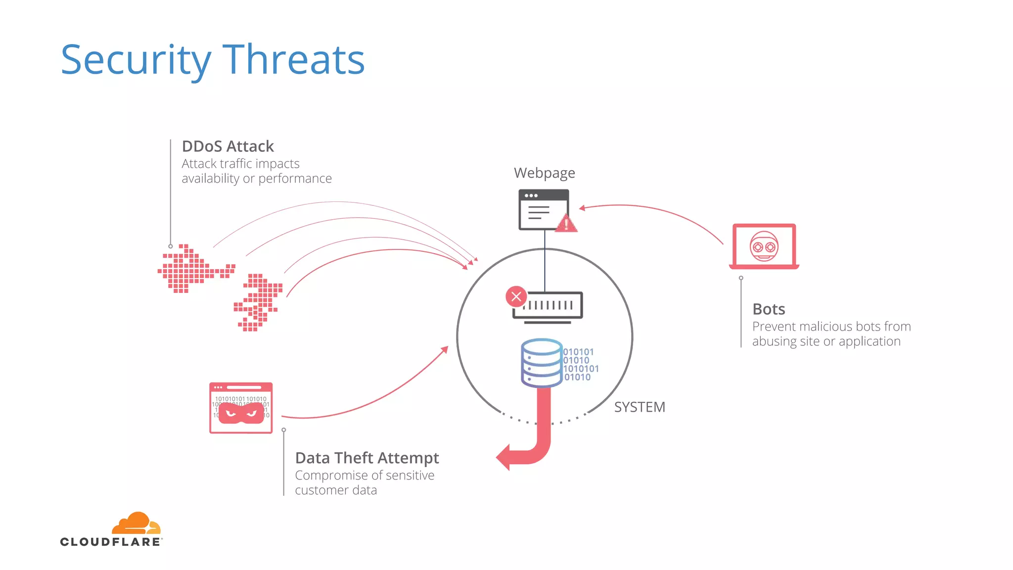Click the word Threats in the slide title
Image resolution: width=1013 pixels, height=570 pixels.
point(293,60)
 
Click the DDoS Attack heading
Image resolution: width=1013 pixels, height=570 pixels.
point(228,146)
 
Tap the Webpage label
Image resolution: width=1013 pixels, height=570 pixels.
point(544,173)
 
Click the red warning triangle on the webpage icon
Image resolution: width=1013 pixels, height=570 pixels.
point(566,224)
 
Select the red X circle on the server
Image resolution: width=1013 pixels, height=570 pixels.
point(516,297)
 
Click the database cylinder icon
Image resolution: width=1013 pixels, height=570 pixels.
point(542,363)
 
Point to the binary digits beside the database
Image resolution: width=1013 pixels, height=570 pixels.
point(580,365)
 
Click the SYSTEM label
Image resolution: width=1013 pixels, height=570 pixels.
point(639,407)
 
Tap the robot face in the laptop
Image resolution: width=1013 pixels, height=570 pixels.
point(764,246)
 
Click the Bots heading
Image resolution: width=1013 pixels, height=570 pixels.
point(768,309)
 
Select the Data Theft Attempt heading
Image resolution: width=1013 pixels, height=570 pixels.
point(367,458)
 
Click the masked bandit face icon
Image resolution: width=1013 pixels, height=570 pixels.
point(241,413)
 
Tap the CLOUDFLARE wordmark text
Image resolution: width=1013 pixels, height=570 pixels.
point(110,542)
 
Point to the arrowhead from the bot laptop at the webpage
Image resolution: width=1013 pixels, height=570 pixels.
point(582,208)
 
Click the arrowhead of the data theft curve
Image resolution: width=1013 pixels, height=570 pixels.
point(445,349)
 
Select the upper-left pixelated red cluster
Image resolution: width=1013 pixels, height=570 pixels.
point(190,269)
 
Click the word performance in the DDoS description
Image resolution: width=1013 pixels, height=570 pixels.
point(295,179)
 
